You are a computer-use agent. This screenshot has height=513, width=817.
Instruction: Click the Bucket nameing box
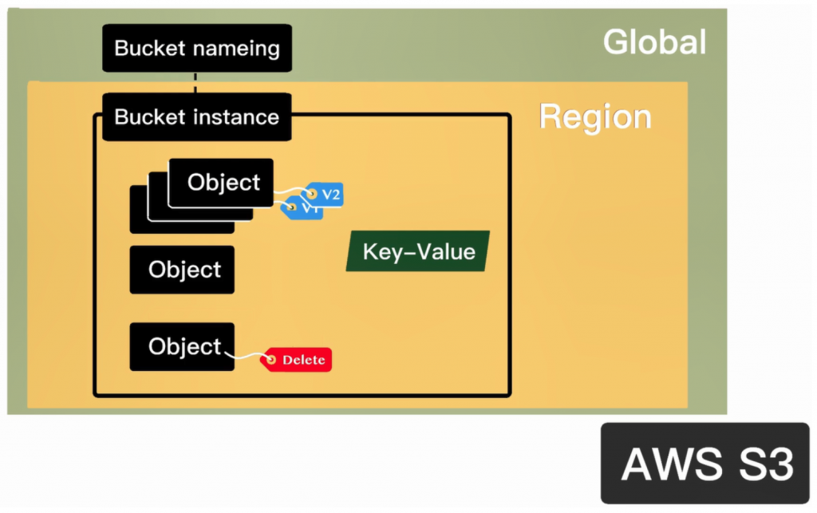pyautogui.click(x=196, y=48)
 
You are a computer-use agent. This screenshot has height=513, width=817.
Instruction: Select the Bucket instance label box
pyautogui.click(x=196, y=117)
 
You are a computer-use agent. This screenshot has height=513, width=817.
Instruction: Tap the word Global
pyautogui.click(x=654, y=42)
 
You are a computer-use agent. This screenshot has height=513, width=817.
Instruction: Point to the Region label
pyautogui.click(x=595, y=116)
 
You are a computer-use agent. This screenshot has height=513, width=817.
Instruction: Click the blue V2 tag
pyautogui.click(x=326, y=194)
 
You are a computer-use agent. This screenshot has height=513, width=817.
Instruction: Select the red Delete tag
pyautogui.click(x=297, y=360)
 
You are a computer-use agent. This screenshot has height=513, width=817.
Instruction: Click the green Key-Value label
pyautogui.click(x=418, y=252)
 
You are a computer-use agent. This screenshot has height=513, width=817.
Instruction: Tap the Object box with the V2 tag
pyautogui.click(x=223, y=183)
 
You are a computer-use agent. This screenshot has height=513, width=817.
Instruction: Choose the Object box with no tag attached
pyautogui.click(x=183, y=270)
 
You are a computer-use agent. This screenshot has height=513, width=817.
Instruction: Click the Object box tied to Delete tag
pyautogui.click(x=183, y=347)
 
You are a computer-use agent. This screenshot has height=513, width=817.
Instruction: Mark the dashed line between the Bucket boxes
pyautogui.click(x=196, y=82)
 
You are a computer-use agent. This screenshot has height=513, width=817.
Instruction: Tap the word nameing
pyautogui.click(x=239, y=48)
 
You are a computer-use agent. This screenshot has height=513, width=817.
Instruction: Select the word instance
pyautogui.click(x=239, y=117)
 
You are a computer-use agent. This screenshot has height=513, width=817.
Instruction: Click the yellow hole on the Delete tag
pyautogui.click(x=271, y=361)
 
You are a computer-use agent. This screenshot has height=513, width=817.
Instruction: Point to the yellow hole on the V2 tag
pyautogui.click(x=312, y=194)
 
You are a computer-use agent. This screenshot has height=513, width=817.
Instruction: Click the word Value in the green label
pyautogui.click(x=447, y=252)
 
